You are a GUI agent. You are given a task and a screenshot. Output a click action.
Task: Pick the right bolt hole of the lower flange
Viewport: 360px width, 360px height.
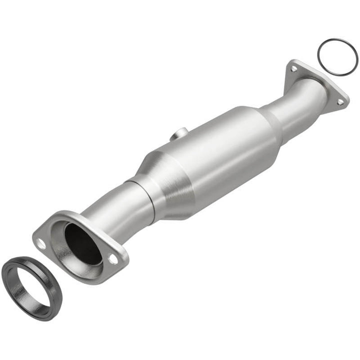click(x=113, y=259)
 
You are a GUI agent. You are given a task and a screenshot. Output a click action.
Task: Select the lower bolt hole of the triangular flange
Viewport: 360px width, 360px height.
click(x=340, y=102)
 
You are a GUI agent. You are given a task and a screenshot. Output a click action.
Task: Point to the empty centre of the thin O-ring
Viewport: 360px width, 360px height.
click(x=337, y=56)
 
